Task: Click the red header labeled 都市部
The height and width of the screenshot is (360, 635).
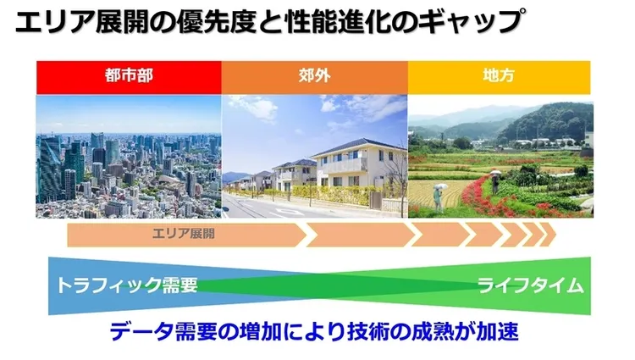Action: pos(129,75)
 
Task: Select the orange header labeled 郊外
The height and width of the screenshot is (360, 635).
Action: pos(315,75)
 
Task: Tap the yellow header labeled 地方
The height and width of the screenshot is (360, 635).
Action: pos(500,75)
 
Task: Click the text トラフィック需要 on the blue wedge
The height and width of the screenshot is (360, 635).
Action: pos(127,285)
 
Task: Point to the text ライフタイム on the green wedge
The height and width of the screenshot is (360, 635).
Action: pos(530,285)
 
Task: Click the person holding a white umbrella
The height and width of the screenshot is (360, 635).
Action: pos(438,196)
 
